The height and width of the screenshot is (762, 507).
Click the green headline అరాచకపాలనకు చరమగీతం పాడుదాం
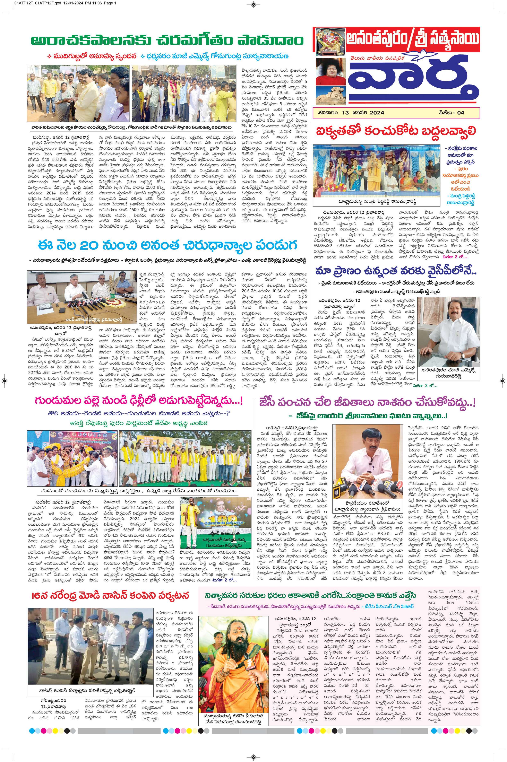click(x=167, y=41)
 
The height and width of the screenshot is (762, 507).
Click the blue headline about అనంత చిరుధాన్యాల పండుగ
click(x=167, y=246)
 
